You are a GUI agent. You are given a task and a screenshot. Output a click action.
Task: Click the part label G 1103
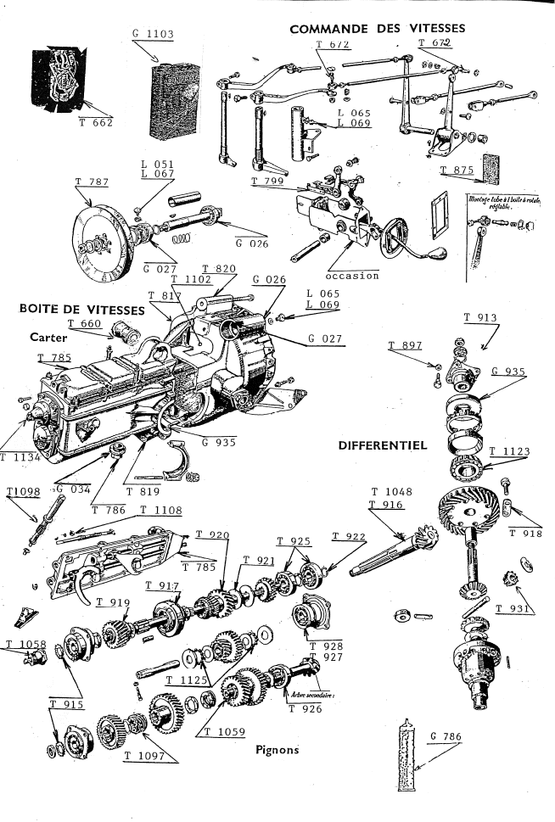tap(154, 35)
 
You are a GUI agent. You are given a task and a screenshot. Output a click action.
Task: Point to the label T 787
tap(92, 182)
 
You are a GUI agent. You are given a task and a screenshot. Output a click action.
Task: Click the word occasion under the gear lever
tap(351, 276)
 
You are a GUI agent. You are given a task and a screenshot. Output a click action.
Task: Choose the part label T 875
tap(458, 171)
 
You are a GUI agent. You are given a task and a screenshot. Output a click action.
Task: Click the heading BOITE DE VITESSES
tap(81, 310)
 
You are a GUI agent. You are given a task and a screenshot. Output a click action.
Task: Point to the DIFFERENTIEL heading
tap(380, 445)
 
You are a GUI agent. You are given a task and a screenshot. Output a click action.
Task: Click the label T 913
tap(480, 318)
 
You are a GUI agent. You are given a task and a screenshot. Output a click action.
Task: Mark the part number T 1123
tap(509, 450)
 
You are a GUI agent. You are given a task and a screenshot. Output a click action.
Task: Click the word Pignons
tap(277, 750)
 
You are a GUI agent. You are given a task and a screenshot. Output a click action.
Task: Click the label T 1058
tap(25, 645)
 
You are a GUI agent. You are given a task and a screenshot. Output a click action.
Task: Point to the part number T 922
tap(349, 536)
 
